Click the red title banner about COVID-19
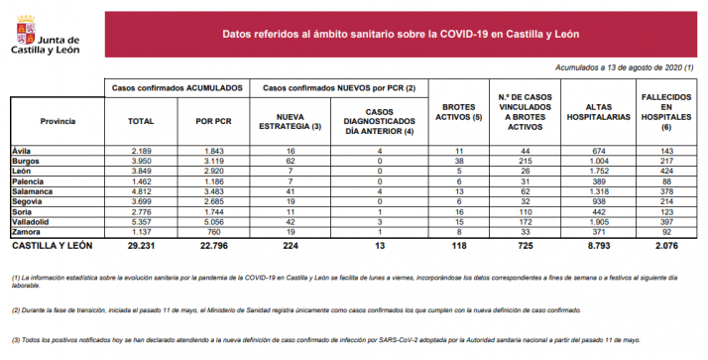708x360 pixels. tap(401, 35)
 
